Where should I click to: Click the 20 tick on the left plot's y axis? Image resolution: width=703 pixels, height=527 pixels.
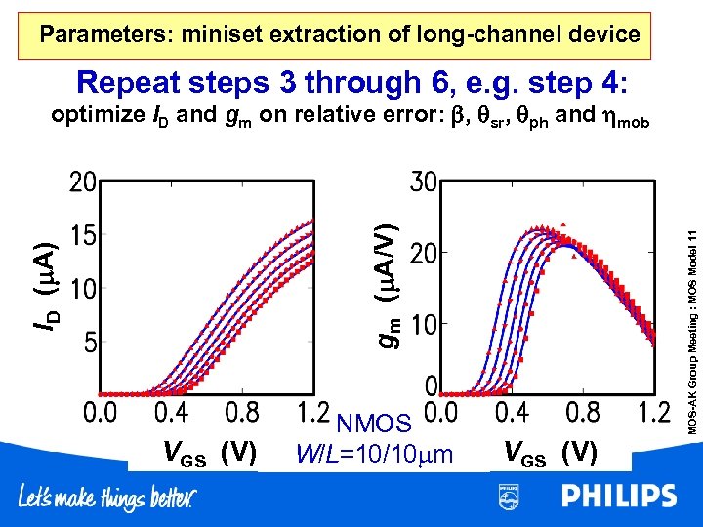pos(81,182)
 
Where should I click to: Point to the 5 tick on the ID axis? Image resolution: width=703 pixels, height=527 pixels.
pos(89,343)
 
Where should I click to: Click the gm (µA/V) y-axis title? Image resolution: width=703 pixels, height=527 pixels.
pos(388,283)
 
